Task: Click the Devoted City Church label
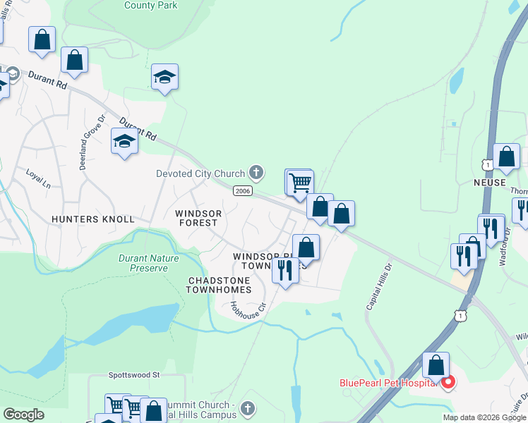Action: (200, 173)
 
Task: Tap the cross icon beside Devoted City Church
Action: (256, 173)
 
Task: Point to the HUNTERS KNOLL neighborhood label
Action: (92, 219)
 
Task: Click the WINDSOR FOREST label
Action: (198, 218)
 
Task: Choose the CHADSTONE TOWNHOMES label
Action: (219, 285)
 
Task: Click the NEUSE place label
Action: (490, 183)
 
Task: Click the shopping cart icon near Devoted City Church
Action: (300, 183)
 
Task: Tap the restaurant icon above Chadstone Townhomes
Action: (285, 270)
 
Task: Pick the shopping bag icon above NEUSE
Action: (506, 157)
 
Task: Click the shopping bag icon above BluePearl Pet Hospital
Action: (436, 365)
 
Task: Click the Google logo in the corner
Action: (23, 415)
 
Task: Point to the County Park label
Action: (150, 6)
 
